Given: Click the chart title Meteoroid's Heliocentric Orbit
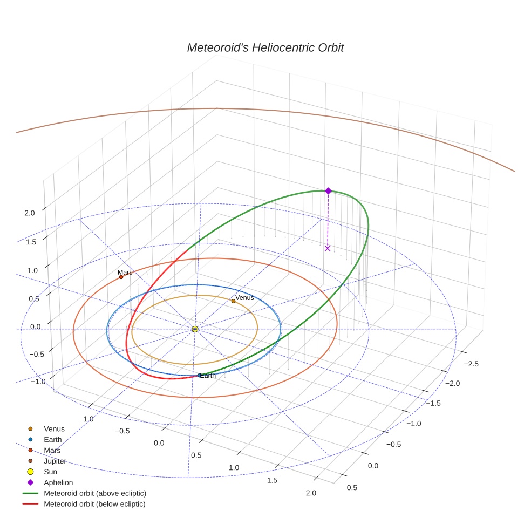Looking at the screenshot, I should (265, 47).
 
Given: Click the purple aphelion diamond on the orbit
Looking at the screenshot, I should (328, 190).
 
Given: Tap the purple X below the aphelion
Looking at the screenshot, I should (328, 248).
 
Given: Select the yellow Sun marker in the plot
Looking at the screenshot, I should (195, 329).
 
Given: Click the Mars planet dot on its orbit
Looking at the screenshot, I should (121, 277).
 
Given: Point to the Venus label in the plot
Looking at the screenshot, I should (244, 298).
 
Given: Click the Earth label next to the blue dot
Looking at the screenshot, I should (208, 376).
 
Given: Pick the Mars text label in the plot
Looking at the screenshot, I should (125, 273).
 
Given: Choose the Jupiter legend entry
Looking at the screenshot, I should (55, 461).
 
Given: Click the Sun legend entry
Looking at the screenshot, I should (50, 472).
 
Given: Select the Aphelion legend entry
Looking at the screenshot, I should (58, 482).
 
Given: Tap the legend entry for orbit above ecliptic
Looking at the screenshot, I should (95, 493).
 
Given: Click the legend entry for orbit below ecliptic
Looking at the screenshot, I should (94, 504).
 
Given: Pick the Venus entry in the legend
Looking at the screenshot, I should (54, 428).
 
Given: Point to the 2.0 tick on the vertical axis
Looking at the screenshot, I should (30, 213).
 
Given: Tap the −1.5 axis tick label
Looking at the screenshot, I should (433, 403).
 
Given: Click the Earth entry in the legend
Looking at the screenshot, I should (53, 439).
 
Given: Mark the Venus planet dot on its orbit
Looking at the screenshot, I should (233, 301).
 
